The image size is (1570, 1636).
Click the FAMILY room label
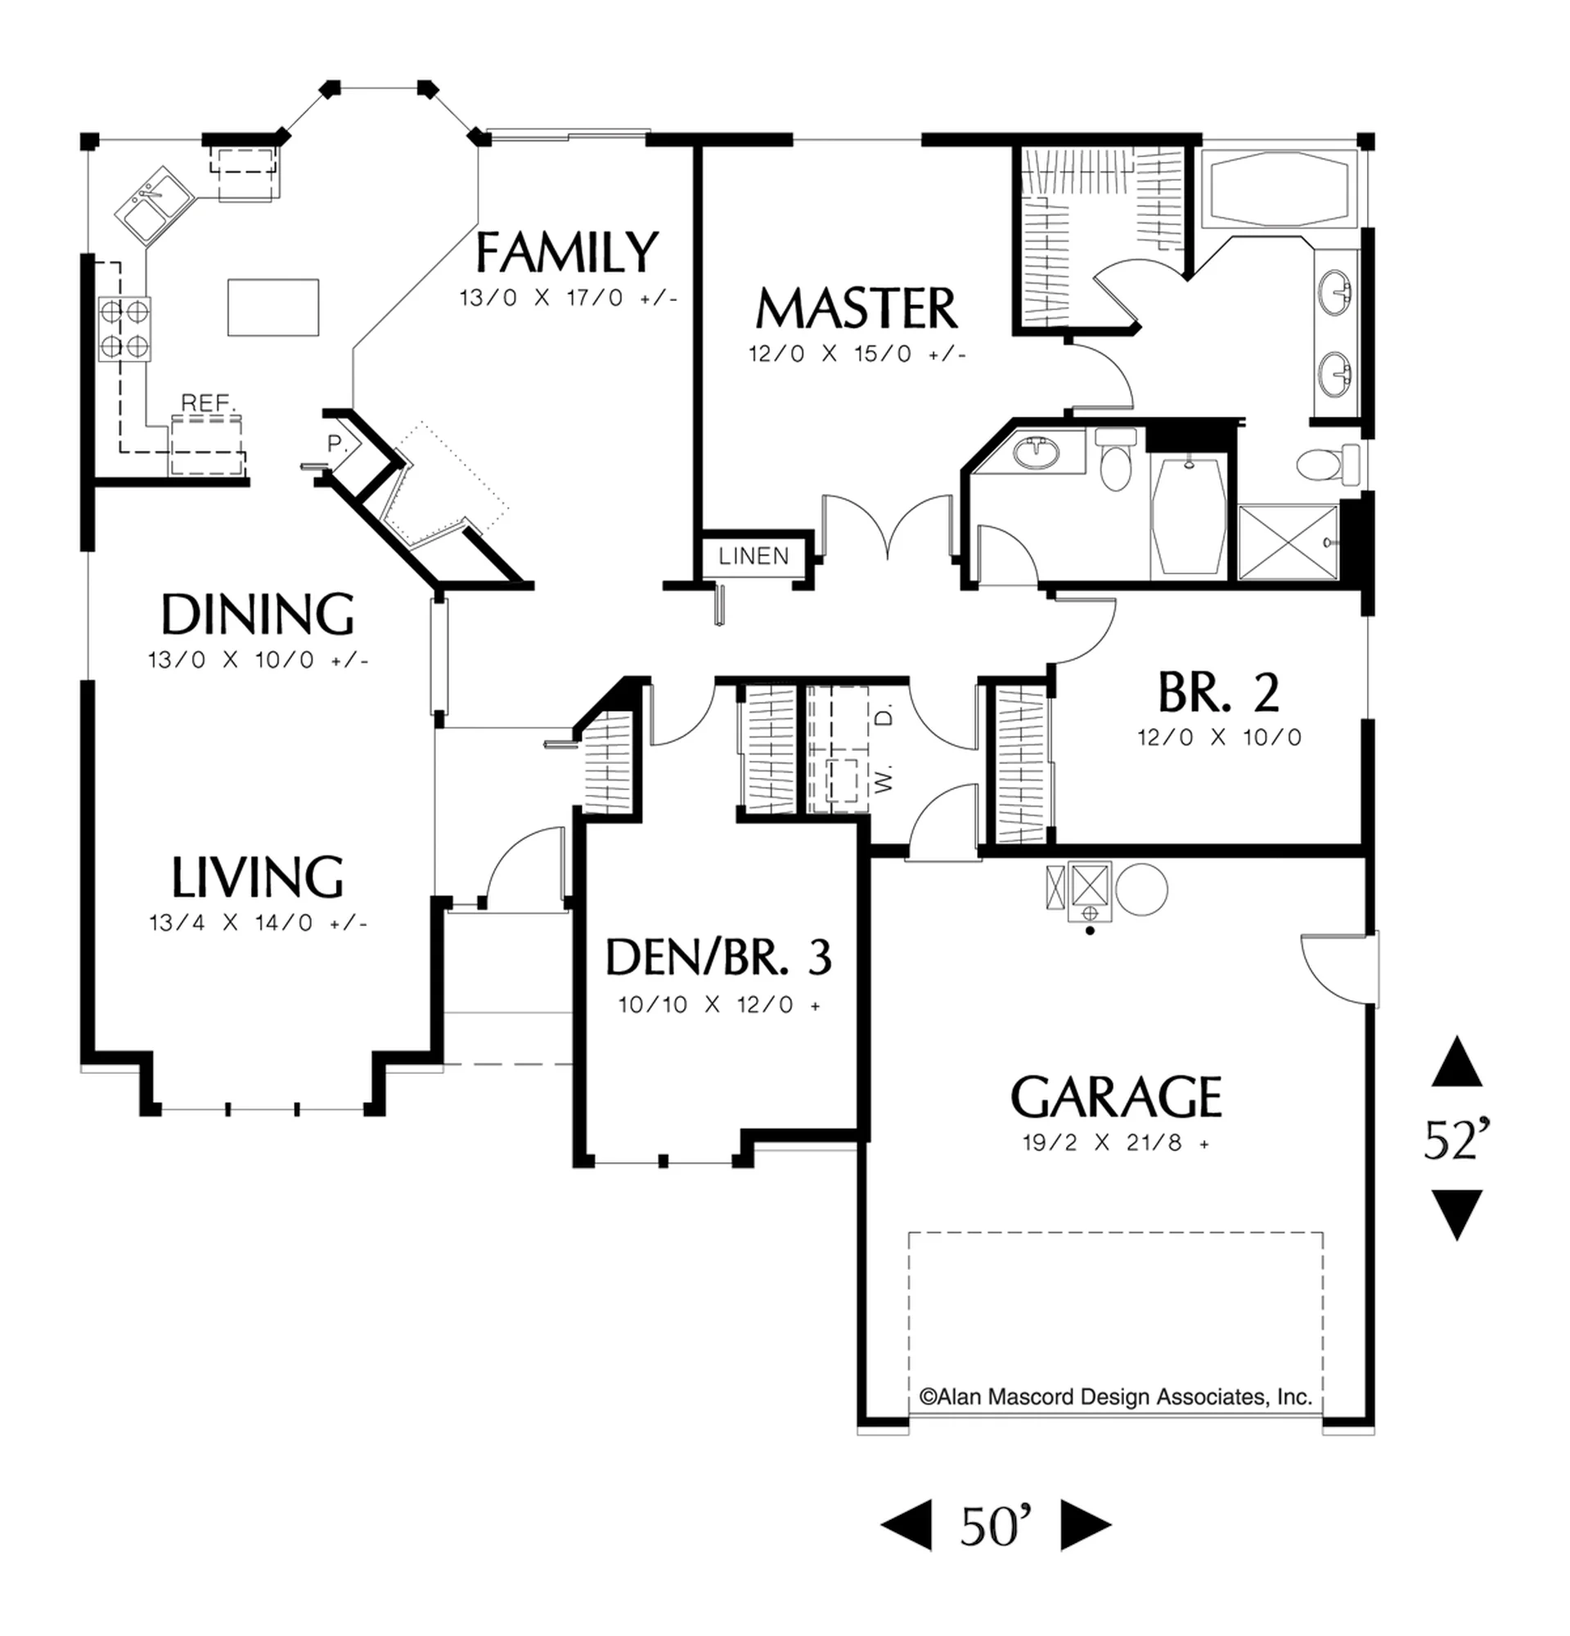point(567,252)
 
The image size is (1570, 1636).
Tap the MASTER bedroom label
point(857,308)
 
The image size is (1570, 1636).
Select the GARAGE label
point(1116,1096)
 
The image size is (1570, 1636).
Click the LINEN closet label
point(754,556)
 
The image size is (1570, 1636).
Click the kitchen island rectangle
point(273,308)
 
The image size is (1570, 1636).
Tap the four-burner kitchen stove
point(124,329)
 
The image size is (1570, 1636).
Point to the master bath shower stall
point(1288,542)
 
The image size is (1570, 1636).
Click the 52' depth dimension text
point(1456,1140)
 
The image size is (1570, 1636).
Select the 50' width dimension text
point(996,1526)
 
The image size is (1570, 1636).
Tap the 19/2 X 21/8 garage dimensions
point(1116,1143)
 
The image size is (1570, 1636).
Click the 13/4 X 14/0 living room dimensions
point(259,923)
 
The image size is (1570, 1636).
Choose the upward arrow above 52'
point(1457,1061)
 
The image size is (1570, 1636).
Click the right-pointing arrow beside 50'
point(1086,1526)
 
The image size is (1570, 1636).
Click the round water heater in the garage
point(1141,890)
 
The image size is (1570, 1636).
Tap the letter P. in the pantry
point(336,444)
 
